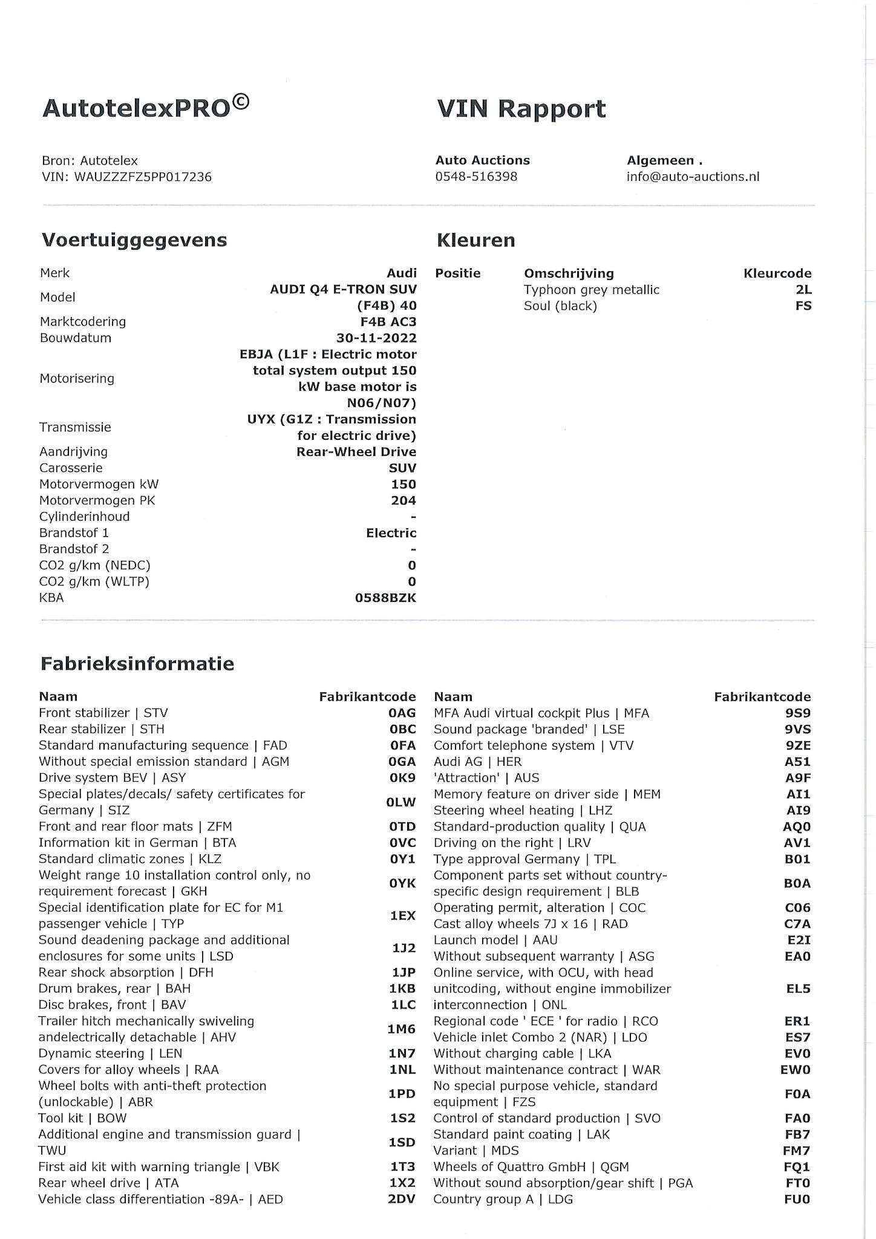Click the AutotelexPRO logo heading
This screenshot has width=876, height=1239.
(145, 108)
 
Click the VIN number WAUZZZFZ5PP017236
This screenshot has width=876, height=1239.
(143, 177)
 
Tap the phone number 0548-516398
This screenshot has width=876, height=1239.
(476, 177)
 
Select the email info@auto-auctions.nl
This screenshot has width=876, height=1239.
(693, 177)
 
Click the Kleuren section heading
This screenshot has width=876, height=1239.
(476, 240)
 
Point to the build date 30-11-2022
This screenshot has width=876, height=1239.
(376, 338)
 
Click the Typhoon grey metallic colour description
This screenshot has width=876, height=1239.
(591, 290)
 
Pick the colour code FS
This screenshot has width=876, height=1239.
(803, 306)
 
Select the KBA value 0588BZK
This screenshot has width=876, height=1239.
(385, 598)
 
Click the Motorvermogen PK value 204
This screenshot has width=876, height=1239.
(403, 500)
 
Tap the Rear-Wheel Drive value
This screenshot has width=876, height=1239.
(356, 452)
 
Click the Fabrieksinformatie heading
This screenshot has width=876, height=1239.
(137, 664)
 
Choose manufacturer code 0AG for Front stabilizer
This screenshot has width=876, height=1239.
(402, 713)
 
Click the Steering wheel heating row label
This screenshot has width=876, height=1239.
(523, 811)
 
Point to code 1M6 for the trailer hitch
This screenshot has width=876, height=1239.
(402, 1029)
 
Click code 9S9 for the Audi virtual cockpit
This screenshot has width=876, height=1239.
(797, 713)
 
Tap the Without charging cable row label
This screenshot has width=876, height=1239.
(522, 1053)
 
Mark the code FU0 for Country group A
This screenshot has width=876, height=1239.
(797, 1199)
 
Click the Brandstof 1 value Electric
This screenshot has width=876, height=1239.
(391, 533)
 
